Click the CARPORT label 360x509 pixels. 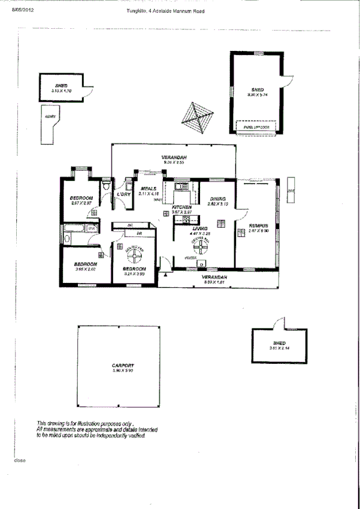click(122, 365)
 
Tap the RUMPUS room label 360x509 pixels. click(259, 225)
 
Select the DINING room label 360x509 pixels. click(217, 198)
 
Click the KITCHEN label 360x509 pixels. click(181, 206)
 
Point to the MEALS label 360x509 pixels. click(149, 188)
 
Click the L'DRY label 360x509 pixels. click(124, 194)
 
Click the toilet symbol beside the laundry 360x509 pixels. click(106, 188)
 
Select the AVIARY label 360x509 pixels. click(50, 116)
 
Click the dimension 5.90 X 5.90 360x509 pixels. click(122, 371)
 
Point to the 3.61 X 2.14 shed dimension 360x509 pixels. click(280, 348)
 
